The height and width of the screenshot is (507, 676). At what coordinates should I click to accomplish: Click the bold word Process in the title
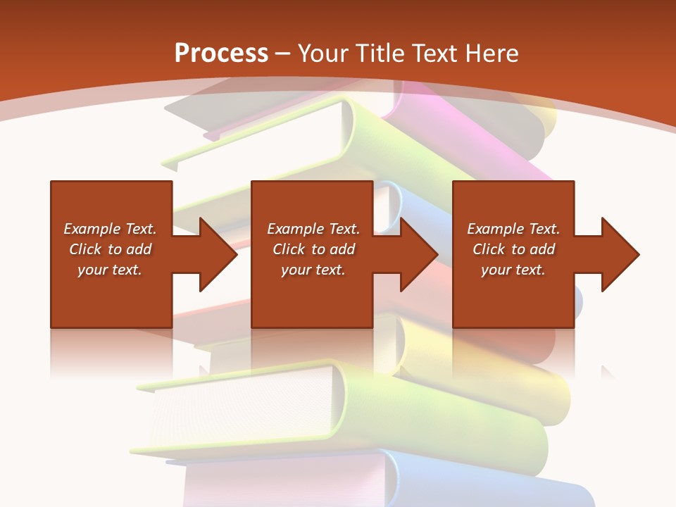pos(221,54)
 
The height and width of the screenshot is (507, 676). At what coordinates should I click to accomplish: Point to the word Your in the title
pos(325,54)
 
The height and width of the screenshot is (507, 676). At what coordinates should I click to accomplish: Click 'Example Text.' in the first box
pos(110,229)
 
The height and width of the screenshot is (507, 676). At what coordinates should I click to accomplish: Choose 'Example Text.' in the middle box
pos(313,229)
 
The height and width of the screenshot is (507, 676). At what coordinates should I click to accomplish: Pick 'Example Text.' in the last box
pos(513,229)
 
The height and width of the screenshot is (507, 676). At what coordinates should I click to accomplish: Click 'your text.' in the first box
pos(110,270)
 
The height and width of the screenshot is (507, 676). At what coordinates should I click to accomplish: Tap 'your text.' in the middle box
pos(313,270)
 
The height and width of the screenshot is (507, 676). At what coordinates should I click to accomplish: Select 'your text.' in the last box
pos(513,270)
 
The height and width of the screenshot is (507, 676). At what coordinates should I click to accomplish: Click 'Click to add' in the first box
pos(110,249)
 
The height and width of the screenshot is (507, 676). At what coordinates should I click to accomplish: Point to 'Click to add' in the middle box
pos(313,249)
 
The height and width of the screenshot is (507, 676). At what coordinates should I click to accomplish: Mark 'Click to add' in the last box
pos(513,249)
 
